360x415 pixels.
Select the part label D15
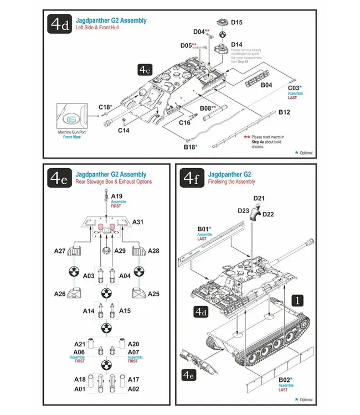point(236,22)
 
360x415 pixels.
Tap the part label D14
point(236,44)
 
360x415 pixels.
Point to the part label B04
point(266,85)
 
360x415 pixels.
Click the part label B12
point(284,112)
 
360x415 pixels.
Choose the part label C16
point(184,122)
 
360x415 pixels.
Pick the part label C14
point(124,131)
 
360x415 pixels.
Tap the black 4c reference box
point(145,70)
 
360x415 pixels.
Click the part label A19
point(117,196)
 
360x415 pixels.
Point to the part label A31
point(138,221)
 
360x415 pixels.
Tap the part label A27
point(60,251)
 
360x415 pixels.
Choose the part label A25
point(154,293)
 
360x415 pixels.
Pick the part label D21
point(259,198)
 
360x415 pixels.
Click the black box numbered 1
point(298,300)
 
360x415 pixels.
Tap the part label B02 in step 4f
point(284,379)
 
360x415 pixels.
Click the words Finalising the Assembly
point(232,181)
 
